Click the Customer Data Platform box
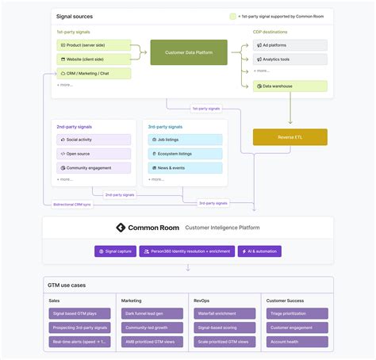pyautogui.click(x=189, y=52)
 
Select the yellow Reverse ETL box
pyautogui.click(x=290, y=136)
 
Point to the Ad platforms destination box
pyautogui.click(x=290, y=45)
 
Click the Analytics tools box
pyautogui.click(x=290, y=59)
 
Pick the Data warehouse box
pyautogui.click(x=290, y=86)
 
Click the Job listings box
pyautogui.click(x=185, y=140)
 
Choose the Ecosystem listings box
pyautogui.click(x=185, y=154)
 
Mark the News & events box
pyautogui.click(x=185, y=168)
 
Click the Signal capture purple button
pyautogui.click(x=115, y=251)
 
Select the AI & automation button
pyautogui.click(x=259, y=251)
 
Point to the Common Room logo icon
pyautogui.click(x=121, y=228)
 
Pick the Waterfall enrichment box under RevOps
pyautogui.click(x=223, y=314)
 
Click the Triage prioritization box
pyautogui.click(x=295, y=314)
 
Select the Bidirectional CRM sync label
pyautogui.click(x=71, y=204)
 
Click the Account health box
pyautogui.click(x=295, y=342)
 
